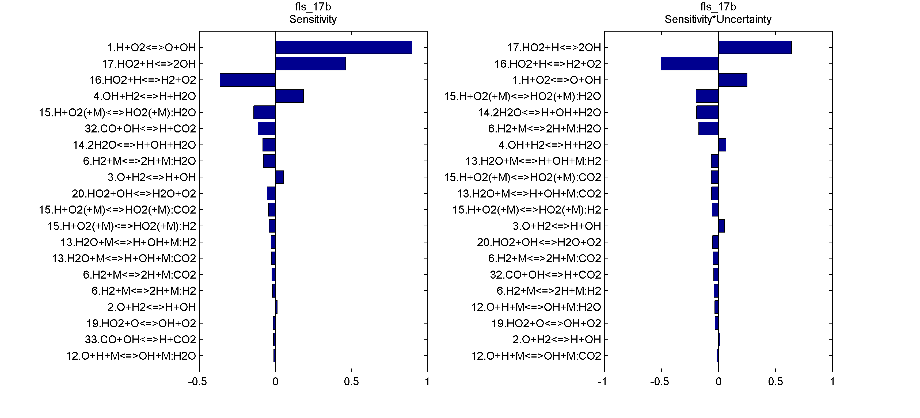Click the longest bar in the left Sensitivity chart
point(344,48)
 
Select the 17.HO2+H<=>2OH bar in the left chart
point(310,64)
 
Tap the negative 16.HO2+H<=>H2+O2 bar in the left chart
point(248,80)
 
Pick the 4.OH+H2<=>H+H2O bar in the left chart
point(289,96)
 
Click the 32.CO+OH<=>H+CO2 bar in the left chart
point(267,129)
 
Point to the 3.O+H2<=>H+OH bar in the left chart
point(280,177)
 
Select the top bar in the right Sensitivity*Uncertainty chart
point(755,48)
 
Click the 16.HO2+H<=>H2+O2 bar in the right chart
point(690,64)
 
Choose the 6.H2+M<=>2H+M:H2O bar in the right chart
point(709,129)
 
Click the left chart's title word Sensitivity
point(313,19)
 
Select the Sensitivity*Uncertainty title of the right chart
point(718,19)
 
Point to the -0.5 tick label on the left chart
point(197,382)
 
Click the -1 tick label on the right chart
point(603,382)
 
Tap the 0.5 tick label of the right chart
point(775,382)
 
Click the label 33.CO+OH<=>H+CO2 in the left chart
point(140,339)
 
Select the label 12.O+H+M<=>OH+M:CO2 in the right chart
point(536,356)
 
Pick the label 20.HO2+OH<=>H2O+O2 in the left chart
point(134,194)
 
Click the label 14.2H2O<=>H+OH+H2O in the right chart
point(539,113)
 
